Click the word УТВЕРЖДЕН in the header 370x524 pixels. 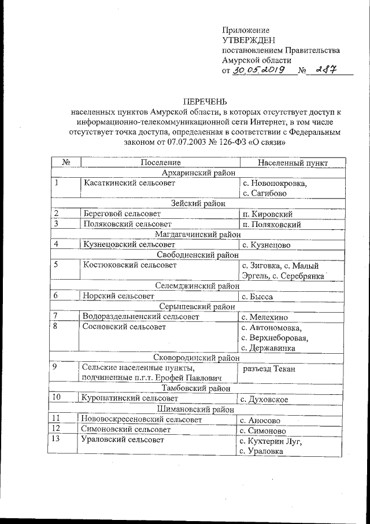click(x=245, y=40)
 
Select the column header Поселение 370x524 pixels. click(x=160, y=163)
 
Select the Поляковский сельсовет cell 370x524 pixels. click(x=127, y=223)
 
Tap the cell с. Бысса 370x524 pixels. click(x=257, y=296)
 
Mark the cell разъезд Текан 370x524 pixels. click(x=269, y=368)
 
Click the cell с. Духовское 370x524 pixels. click(x=264, y=398)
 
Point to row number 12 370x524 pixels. click(x=56, y=430)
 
